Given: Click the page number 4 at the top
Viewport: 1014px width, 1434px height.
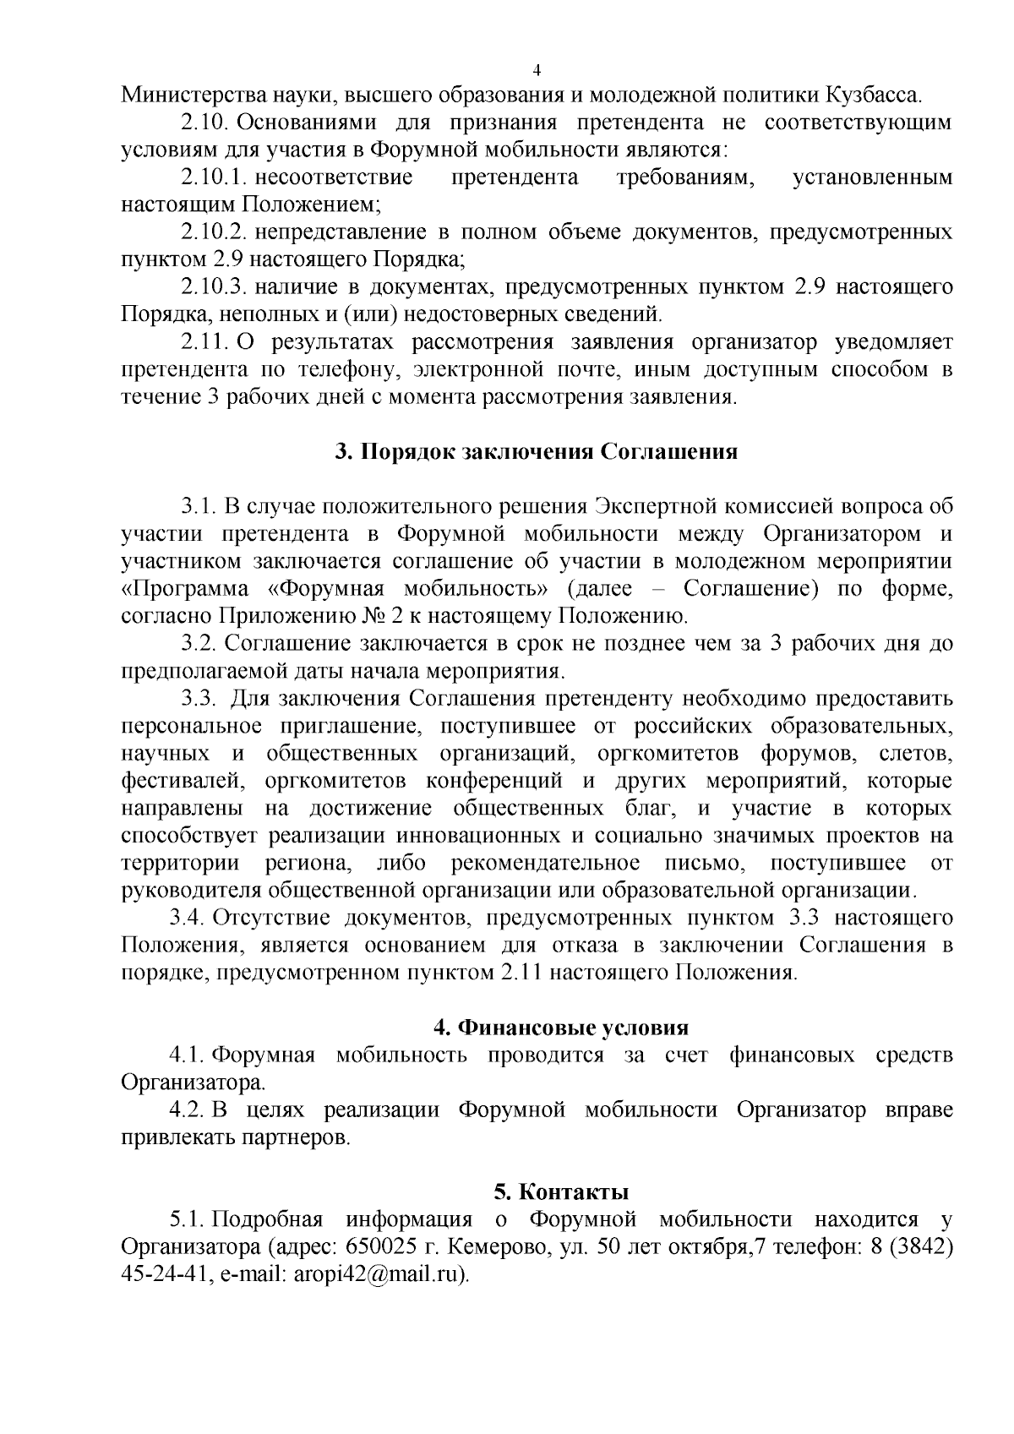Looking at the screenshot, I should (537, 69).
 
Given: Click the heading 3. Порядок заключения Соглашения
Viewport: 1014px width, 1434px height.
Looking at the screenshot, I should (536, 451).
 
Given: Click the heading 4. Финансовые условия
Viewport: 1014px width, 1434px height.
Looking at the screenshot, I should (560, 1028).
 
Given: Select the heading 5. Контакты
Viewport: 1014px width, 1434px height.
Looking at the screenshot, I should (561, 1192).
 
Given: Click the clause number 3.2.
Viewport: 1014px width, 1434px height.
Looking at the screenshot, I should (199, 644).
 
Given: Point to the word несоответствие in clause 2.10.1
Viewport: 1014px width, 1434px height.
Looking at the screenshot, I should (334, 177).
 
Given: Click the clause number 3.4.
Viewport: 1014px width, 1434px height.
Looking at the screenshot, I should (188, 918).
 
